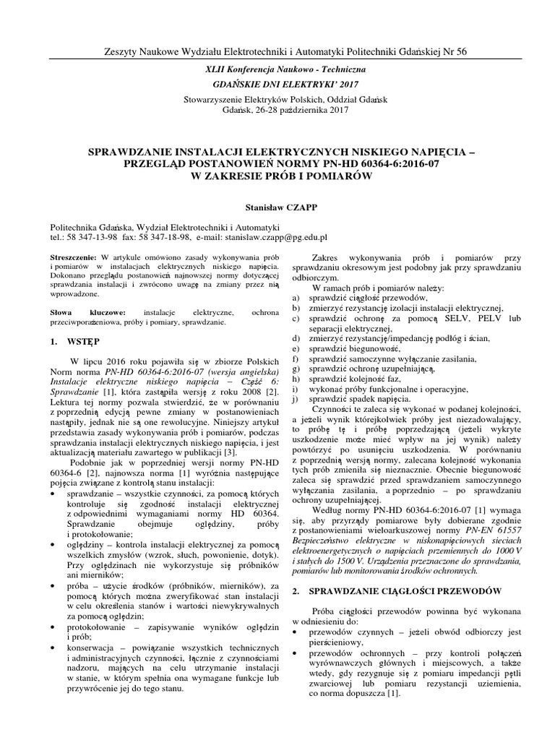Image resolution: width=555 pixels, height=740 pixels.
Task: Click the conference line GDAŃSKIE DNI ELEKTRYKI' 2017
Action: (x=277, y=84)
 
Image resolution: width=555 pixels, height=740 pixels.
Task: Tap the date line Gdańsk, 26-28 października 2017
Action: (x=277, y=111)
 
